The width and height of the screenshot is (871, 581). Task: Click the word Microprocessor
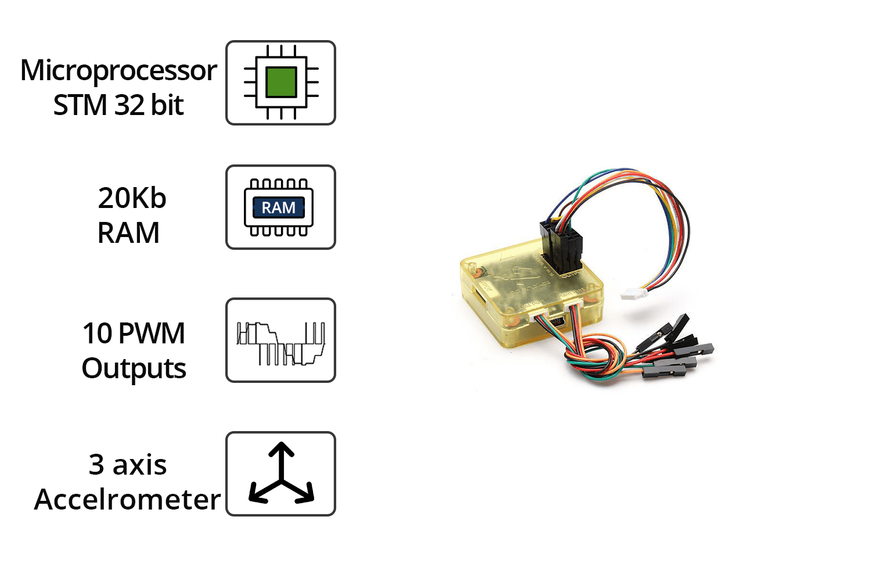pos(118,71)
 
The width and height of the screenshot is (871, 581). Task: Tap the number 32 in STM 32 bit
pos(129,105)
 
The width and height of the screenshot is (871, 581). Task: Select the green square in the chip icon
pos(281,82)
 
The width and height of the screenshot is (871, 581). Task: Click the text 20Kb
pos(132,198)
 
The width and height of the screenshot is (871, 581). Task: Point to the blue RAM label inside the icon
pos(279,207)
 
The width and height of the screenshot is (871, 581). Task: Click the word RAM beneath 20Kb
pos(128,233)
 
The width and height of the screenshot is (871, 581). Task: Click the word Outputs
pos(134,368)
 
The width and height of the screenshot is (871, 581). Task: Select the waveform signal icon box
pos(280,340)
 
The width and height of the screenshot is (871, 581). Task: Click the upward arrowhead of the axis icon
pos(282,449)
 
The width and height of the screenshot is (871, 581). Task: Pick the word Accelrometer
pos(127,500)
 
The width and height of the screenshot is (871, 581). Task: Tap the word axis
pos(139,465)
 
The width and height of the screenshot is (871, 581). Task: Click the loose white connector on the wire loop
pos(634,295)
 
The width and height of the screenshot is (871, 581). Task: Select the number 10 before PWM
pos(97,333)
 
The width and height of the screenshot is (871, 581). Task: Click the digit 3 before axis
pos(96,465)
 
